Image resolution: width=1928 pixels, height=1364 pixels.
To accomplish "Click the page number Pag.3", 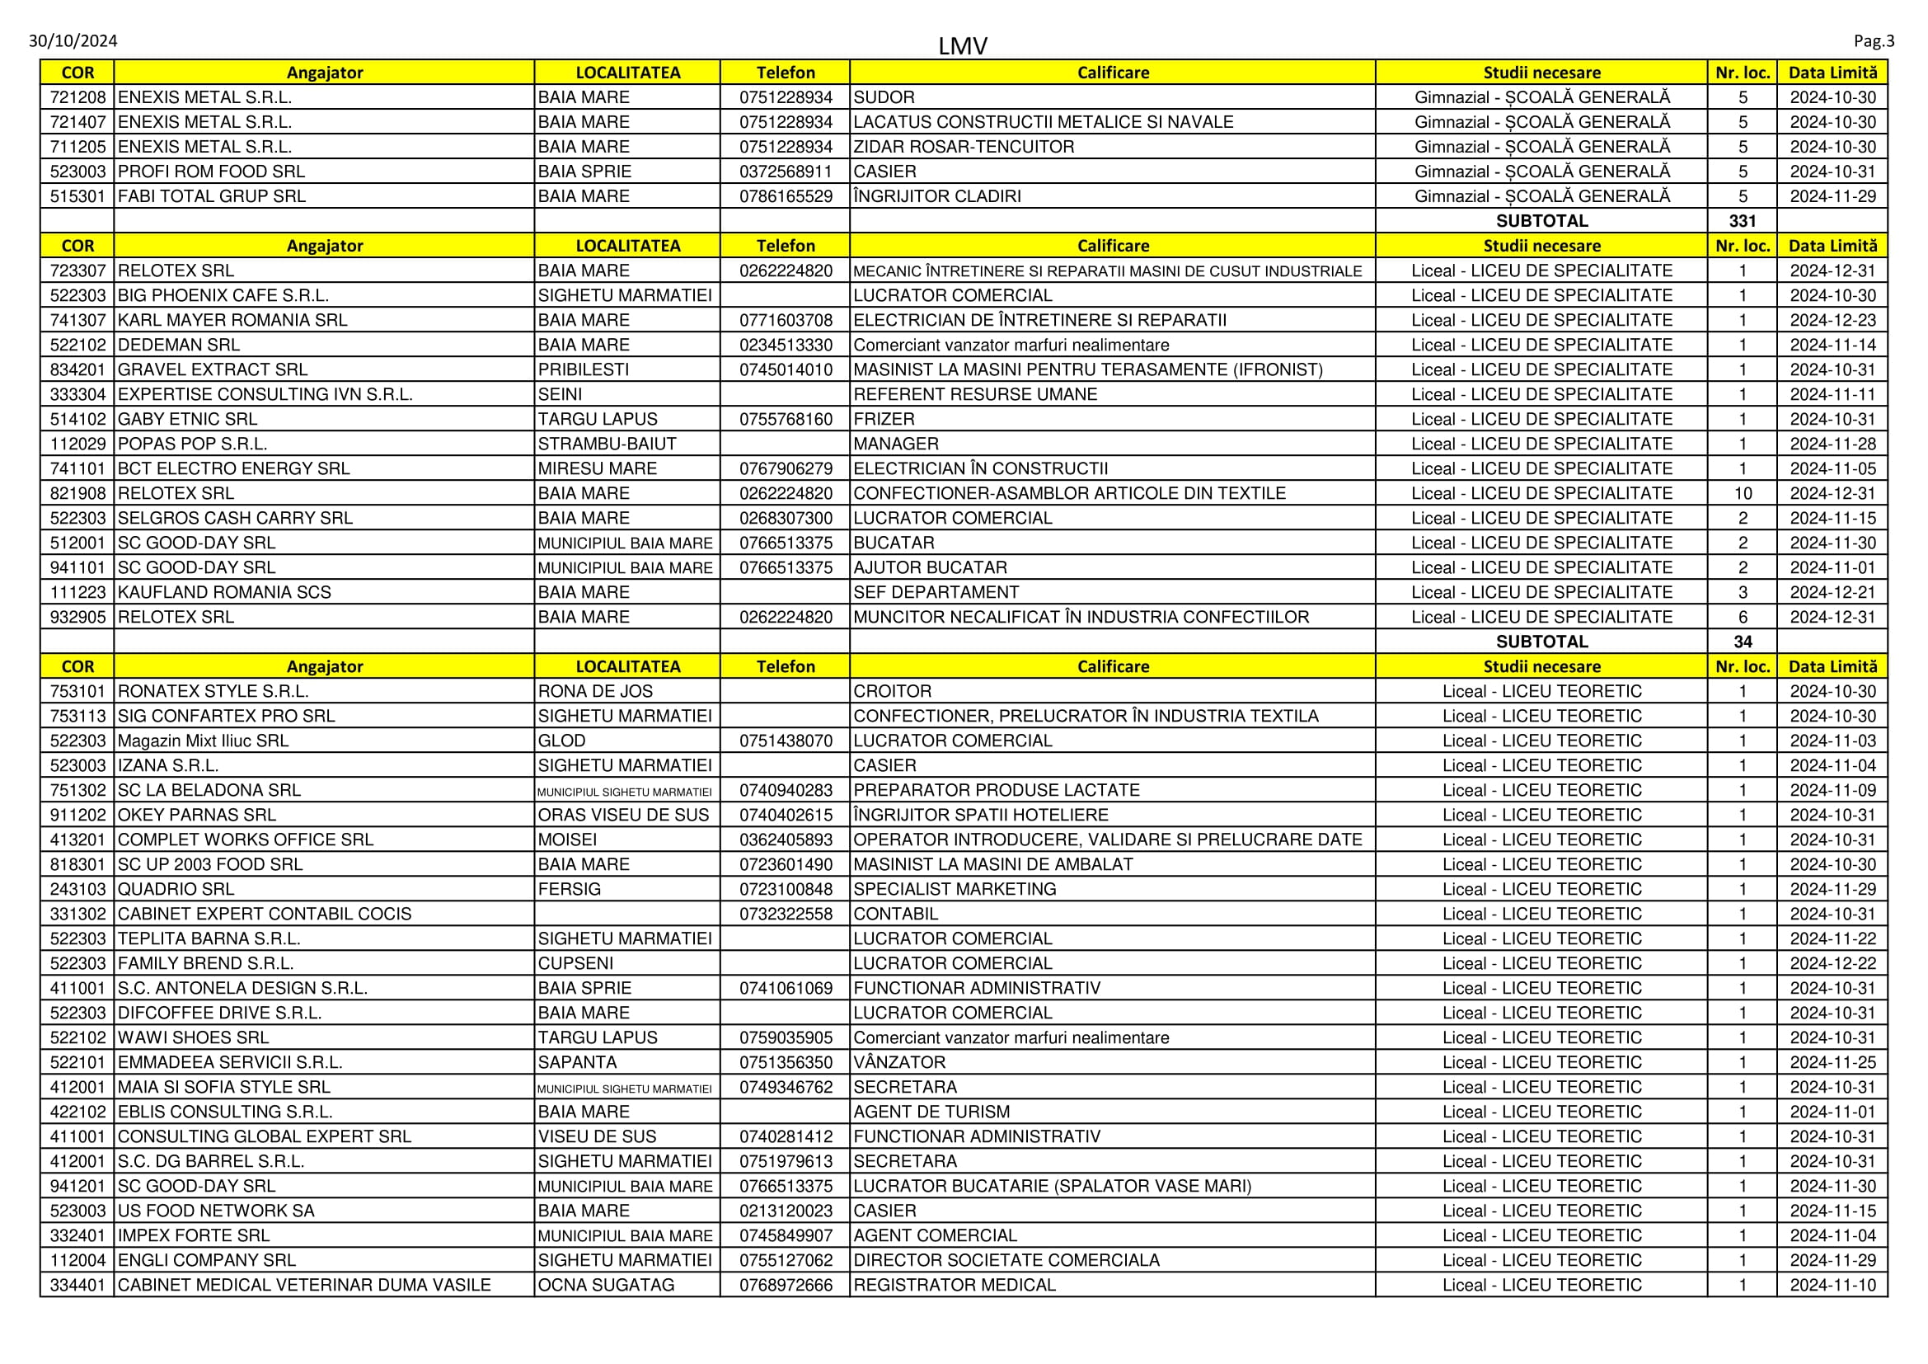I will pos(1874,40).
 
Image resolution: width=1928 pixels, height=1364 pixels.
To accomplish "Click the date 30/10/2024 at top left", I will pos(73,40).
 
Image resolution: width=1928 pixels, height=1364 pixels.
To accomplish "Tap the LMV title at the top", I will pos(962,45).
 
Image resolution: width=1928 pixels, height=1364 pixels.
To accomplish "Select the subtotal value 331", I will pos(1743,221).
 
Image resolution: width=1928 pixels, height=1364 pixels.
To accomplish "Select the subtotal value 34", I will pos(1743,642).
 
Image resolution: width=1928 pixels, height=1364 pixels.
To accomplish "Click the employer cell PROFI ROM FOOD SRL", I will pos(212,172).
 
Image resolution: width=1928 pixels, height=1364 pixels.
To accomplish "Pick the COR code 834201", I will pos(78,369).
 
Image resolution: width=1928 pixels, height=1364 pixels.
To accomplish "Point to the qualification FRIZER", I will pos(884,419).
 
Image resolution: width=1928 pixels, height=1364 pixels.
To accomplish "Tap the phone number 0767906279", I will pos(786,468).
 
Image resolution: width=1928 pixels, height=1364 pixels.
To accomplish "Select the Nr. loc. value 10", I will pos(1743,493).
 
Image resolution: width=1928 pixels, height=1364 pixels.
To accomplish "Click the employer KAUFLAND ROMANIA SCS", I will pos(224,592).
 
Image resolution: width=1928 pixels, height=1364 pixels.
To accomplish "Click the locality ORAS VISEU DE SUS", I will pos(623,815).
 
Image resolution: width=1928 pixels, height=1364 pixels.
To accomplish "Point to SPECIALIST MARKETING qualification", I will pos(955,889).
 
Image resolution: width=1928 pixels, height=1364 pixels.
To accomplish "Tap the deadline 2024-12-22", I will pos(1832,963).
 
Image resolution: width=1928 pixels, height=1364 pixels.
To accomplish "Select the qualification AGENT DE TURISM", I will pos(931,1111).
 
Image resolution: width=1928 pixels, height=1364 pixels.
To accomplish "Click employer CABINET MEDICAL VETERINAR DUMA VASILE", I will pos(304,1284).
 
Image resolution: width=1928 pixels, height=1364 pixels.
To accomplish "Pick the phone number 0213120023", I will pos(786,1211).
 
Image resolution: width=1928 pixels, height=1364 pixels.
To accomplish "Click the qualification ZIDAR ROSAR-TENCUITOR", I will pos(963,147).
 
